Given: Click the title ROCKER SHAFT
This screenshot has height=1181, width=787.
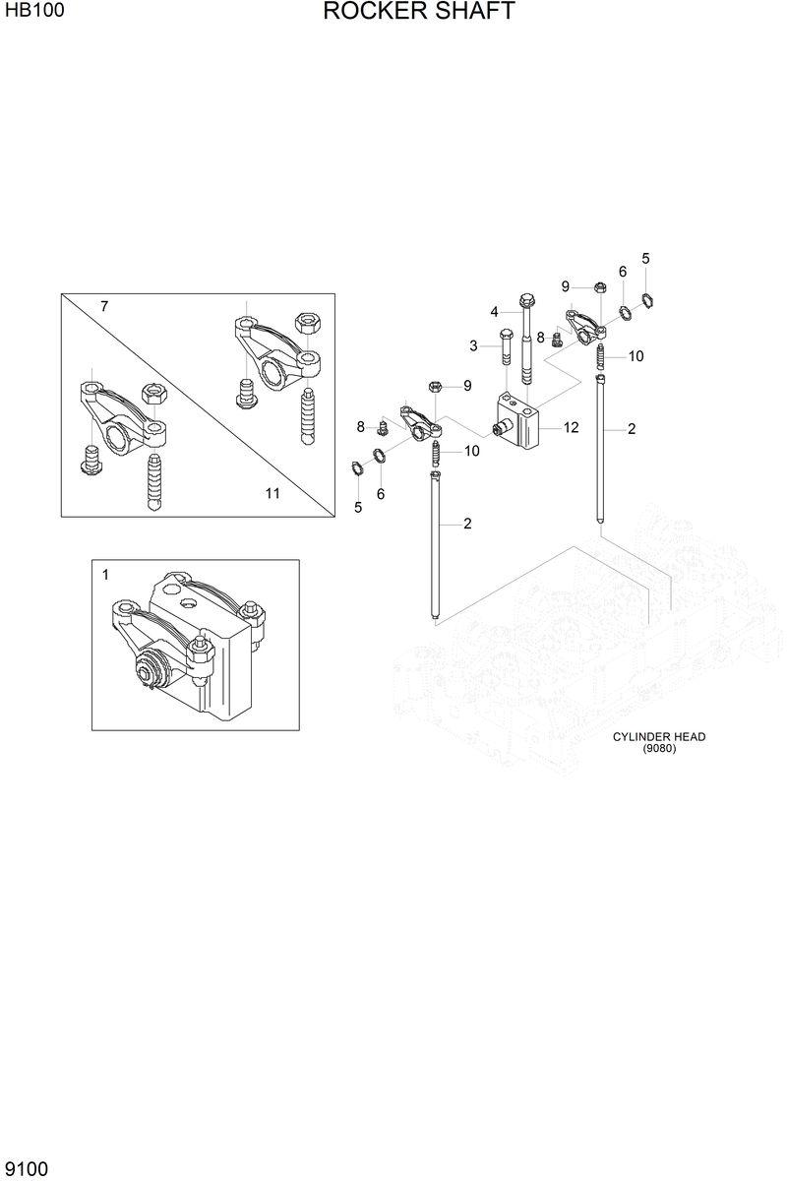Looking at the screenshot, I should click(418, 13).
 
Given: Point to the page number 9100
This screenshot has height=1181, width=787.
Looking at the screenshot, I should click(28, 1168).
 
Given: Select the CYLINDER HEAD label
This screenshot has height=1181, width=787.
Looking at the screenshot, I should click(659, 736).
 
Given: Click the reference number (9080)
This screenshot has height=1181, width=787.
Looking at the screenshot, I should click(659, 748).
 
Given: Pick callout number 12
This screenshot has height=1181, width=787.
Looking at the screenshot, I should click(572, 427).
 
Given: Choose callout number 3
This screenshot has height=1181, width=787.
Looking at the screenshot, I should click(473, 346).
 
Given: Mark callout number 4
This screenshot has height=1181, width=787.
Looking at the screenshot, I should click(495, 312).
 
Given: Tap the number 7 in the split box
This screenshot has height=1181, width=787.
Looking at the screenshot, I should click(104, 307).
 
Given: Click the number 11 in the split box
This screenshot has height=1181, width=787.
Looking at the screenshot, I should click(272, 493).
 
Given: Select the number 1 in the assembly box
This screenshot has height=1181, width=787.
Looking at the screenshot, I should click(106, 573).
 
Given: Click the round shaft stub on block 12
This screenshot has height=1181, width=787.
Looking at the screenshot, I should click(500, 429).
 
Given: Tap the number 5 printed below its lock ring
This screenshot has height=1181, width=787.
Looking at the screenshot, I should click(358, 508).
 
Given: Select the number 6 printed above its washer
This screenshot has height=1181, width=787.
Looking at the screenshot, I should click(623, 272).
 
